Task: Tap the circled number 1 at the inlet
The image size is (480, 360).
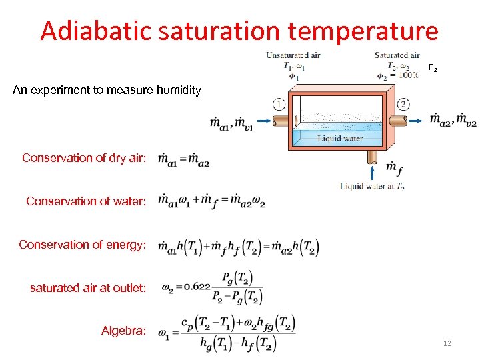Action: pyautogui.click(x=279, y=104)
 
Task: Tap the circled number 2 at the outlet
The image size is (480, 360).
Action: pyautogui.click(x=403, y=104)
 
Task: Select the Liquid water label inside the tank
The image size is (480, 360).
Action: pyautogui.click(x=340, y=139)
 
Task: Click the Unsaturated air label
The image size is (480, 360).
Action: pyautogui.click(x=293, y=55)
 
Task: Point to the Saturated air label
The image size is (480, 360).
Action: pyautogui.click(x=397, y=55)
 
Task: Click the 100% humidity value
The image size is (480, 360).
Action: pyautogui.click(x=408, y=75)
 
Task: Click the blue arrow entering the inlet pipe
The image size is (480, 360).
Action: pyautogui.click(x=264, y=121)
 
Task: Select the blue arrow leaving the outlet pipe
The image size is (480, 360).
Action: pyautogui.click(x=417, y=121)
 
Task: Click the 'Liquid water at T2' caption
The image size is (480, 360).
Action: pyautogui.click(x=372, y=187)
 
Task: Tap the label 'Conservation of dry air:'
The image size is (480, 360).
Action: pyautogui.click(x=84, y=158)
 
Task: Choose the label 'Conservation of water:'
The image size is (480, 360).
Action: pyautogui.click(x=86, y=201)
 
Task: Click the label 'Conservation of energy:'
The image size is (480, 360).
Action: pyautogui.click(x=82, y=245)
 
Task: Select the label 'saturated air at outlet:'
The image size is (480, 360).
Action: pyautogui.click(x=87, y=288)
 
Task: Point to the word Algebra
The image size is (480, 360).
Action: pyautogui.click(x=122, y=331)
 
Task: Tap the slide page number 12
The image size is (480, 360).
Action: pyautogui.click(x=447, y=343)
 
